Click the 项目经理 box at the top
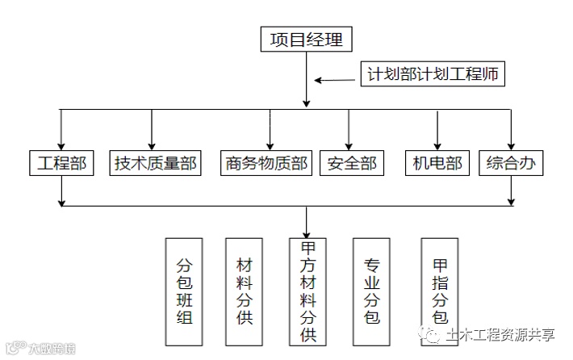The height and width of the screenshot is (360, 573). pyautogui.click(x=307, y=39)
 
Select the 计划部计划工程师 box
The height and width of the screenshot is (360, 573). pyautogui.click(x=432, y=75)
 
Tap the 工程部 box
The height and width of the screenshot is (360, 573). pyautogui.click(x=62, y=163)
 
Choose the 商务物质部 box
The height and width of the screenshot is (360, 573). pyautogui.click(x=266, y=163)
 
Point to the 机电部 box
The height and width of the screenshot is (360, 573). pyautogui.click(x=437, y=163)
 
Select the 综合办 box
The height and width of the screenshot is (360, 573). pyautogui.click(x=511, y=163)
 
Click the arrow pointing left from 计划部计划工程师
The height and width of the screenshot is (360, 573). pyautogui.click(x=320, y=80)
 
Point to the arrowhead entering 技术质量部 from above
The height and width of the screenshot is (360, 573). pyautogui.click(x=152, y=144)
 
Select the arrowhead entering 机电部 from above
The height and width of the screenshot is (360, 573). pyautogui.click(x=437, y=144)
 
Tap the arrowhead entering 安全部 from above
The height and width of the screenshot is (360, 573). pyautogui.click(x=349, y=144)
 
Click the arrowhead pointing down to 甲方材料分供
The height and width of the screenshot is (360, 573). pyautogui.click(x=307, y=232)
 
